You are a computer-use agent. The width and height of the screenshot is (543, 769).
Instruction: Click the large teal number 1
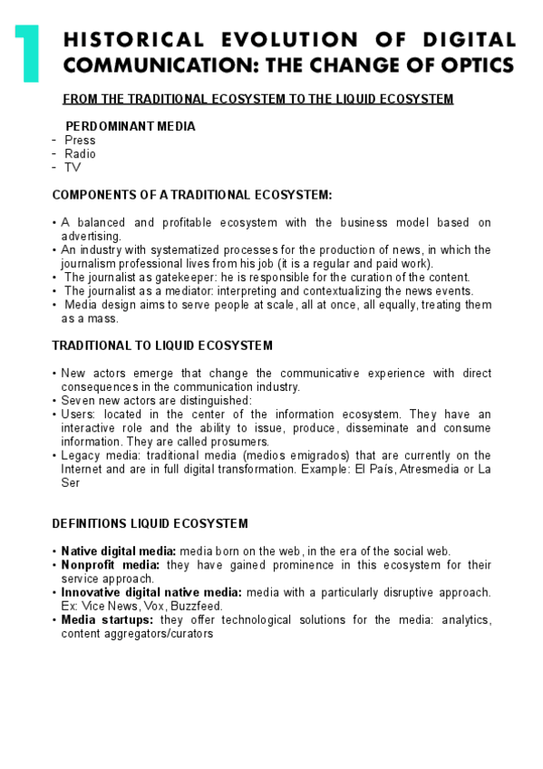(26, 54)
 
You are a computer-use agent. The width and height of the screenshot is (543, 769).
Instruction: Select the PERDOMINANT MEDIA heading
(130, 126)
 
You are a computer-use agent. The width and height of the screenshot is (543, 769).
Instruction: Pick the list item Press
(80, 141)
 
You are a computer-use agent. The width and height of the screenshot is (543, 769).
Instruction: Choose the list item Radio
(80, 154)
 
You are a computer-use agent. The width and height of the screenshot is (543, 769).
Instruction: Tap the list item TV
(73, 168)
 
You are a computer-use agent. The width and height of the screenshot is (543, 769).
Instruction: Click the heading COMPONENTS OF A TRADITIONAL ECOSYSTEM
(192, 195)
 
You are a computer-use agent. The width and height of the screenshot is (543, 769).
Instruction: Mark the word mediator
(175, 291)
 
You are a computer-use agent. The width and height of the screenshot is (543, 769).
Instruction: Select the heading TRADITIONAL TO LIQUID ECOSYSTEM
(162, 346)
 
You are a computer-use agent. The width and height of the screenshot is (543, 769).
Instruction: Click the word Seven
(79, 401)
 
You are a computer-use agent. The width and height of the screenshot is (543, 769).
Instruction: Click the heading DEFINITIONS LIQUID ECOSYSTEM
(150, 524)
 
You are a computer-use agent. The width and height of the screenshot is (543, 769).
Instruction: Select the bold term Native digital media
(119, 551)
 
